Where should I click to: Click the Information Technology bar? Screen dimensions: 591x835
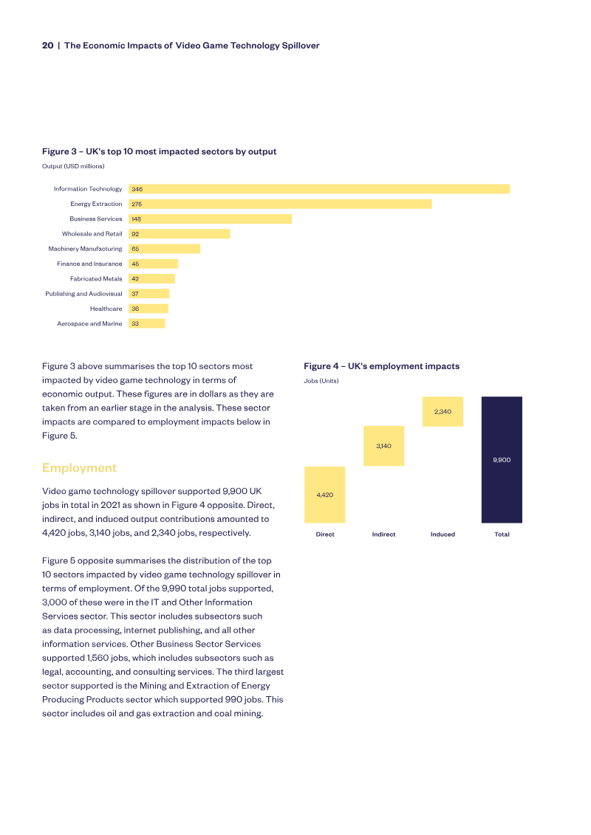tap(319, 189)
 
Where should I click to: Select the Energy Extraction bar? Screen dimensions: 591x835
tap(280, 204)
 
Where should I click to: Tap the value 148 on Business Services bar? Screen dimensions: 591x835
tap(137, 219)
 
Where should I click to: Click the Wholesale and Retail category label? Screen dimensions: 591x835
tap(92, 234)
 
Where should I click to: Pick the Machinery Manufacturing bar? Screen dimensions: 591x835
tap(164, 249)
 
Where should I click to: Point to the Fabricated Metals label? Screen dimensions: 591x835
tap(96, 278)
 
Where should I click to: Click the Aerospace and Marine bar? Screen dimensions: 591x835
tap(146, 323)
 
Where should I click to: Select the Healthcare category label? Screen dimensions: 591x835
tap(106, 309)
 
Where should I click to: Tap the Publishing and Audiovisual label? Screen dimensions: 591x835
tap(83, 294)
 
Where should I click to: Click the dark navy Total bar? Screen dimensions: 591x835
tap(502, 459)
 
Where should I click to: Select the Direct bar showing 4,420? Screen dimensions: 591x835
tap(325, 495)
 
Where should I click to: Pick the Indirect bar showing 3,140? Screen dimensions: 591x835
tap(383, 446)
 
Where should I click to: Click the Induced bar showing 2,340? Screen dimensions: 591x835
tap(443, 411)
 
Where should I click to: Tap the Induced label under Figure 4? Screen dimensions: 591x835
tap(443, 534)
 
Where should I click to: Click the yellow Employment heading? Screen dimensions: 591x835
tap(79, 467)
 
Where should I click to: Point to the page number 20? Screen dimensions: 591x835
tap(47, 46)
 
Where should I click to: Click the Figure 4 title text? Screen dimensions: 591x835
tap(382, 366)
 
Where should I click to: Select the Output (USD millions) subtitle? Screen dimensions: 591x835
tap(74, 166)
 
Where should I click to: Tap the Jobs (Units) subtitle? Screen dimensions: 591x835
tap(321, 381)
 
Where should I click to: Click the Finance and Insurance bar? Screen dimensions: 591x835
tap(154, 264)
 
